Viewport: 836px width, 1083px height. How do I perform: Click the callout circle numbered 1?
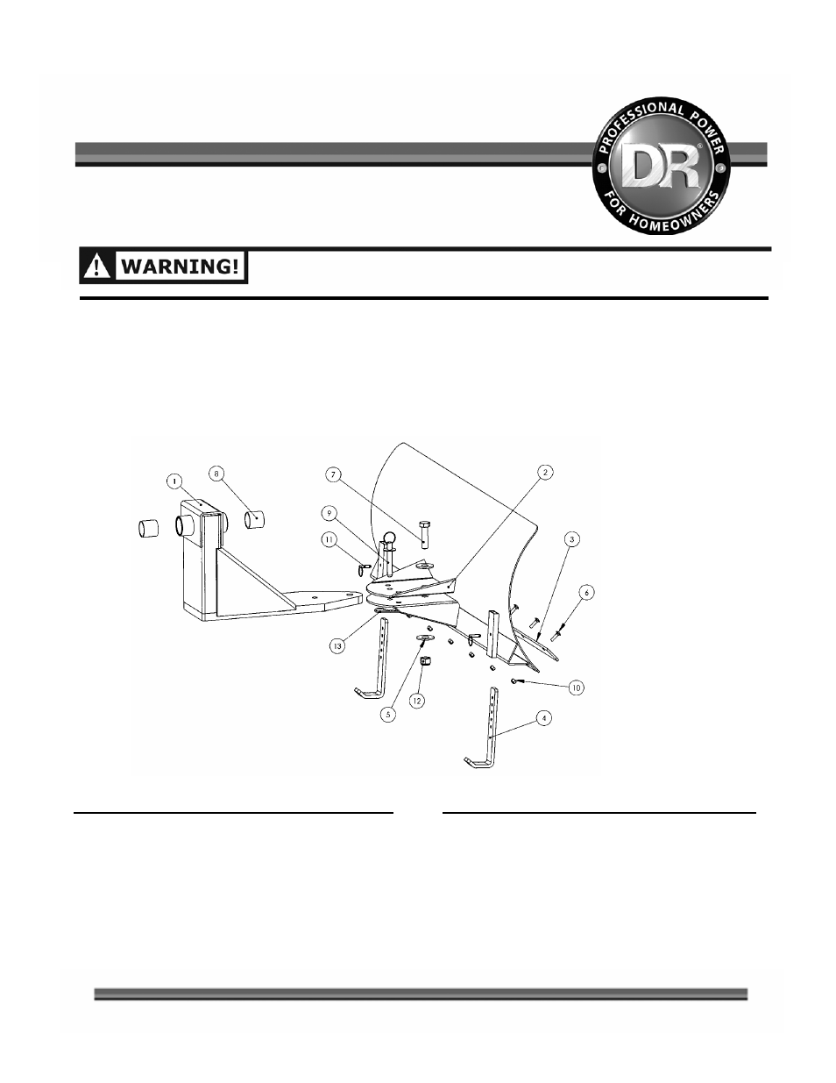pyautogui.click(x=174, y=481)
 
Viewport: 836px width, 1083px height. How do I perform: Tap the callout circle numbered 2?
pyautogui.click(x=545, y=472)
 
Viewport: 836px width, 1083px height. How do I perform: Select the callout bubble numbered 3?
pyautogui.click(x=572, y=539)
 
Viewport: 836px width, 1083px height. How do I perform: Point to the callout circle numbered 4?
pyautogui.click(x=544, y=718)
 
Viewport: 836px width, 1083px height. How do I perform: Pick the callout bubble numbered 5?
pyautogui.click(x=388, y=714)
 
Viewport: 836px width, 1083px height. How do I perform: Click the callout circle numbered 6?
pyautogui.click(x=586, y=593)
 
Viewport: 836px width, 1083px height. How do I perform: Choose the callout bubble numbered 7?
pyautogui.click(x=333, y=474)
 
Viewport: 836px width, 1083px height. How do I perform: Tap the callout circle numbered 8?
pyautogui.click(x=216, y=473)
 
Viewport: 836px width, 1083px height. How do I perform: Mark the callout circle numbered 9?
pyautogui.click(x=329, y=513)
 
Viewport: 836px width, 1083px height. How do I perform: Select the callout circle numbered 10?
pyautogui.click(x=576, y=688)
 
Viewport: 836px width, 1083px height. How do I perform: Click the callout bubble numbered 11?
pyautogui.click(x=329, y=540)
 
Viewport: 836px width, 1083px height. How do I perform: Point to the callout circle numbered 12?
pyautogui.click(x=417, y=701)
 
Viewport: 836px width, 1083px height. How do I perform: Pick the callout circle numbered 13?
pyautogui.click(x=337, y=646)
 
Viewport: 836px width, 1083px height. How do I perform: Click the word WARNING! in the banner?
pyautogui.click(x=181, y=267)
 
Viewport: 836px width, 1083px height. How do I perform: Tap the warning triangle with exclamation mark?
pyautogui.click(x=97, y=267)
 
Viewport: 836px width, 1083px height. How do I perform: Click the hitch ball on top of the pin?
pyautogui.click(x=389, y=538)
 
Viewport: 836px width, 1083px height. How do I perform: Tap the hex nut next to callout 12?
pyautogui.click(x=425, y=662)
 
